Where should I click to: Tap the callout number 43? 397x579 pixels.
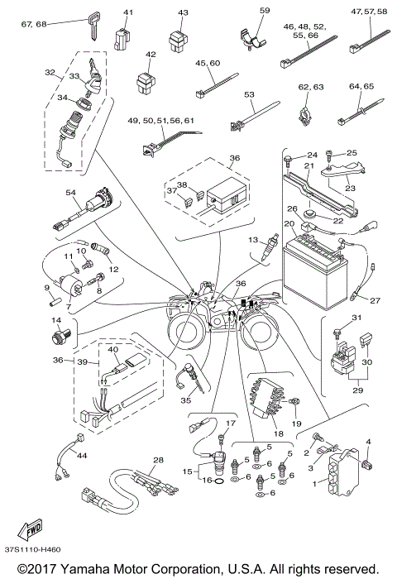pyautogui.click(x=183, y=13)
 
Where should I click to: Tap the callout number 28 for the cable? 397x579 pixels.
pyautogui.click(x=159, y=459)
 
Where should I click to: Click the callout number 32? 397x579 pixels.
pyautogui.click(x=49, y=73)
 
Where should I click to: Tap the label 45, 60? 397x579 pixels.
pyautogui.click(x=208, y=65)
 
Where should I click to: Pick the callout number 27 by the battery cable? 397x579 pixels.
pyautogui.click(x=374, y=300)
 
